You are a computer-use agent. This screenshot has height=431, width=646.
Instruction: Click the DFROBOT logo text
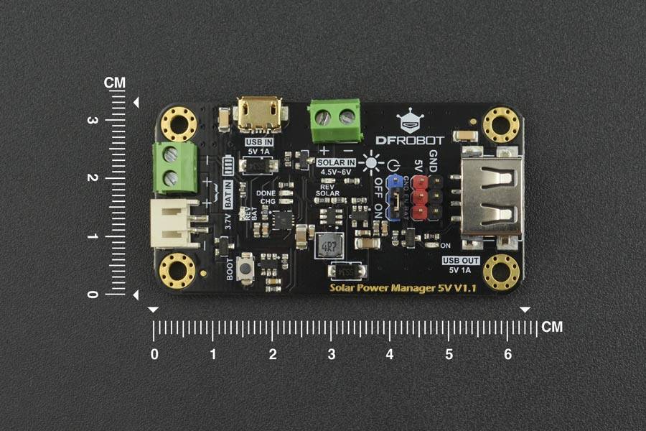410,140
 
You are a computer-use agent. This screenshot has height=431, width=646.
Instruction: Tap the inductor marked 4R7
329,246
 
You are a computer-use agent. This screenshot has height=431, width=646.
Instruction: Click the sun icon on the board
371,162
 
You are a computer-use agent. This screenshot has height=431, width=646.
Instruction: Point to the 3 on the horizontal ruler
332,354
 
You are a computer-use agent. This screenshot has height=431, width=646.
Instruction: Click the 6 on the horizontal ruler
508,354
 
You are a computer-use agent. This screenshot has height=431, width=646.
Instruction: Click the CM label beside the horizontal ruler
551,328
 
